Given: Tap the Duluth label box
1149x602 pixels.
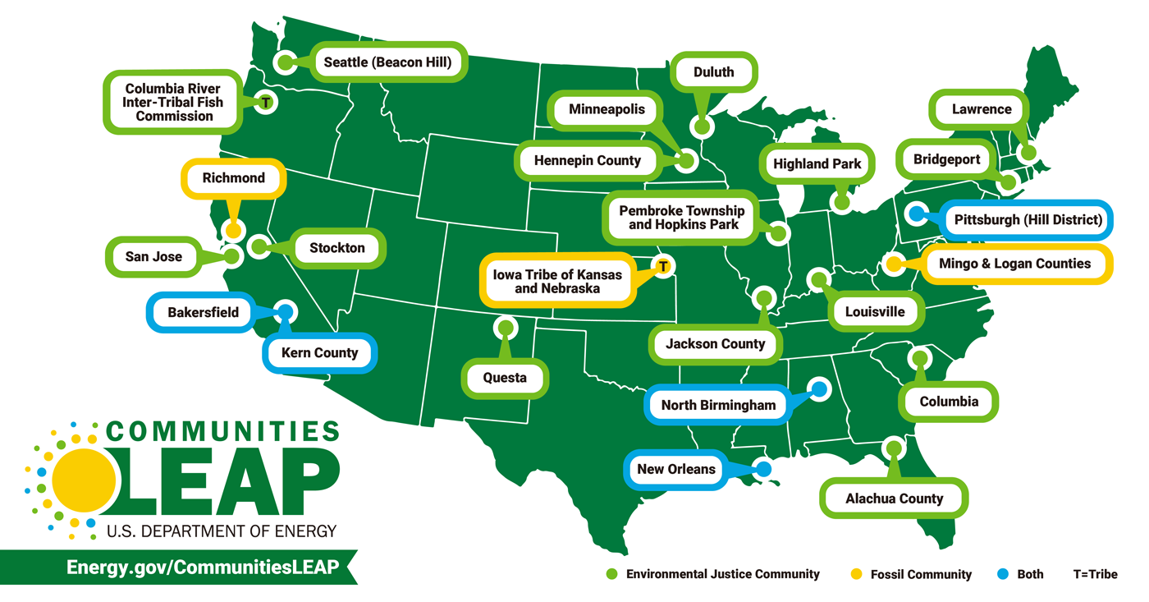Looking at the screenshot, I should coord(712,72).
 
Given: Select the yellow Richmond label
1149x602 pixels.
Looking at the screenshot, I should coord(234,177).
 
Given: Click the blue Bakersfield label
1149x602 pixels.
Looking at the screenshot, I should coord(203,312).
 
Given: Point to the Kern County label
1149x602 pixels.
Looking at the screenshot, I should coord(319,353).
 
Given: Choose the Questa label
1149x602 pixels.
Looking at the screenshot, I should coord(504,379).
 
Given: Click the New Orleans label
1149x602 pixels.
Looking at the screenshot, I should coord(676,470).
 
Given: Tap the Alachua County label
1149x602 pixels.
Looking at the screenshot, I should coord(894,499).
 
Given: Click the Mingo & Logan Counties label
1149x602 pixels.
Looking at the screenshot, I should coord(1014,264).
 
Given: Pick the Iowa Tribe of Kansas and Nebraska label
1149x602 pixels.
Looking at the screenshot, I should coord(557,281).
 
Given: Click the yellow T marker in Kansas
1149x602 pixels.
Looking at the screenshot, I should coord(663,265).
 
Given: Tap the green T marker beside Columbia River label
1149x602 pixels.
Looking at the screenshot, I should coord(265,102).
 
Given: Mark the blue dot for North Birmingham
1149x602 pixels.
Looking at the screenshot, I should coord(818,388).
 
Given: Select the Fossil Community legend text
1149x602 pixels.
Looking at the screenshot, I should coord(921,575).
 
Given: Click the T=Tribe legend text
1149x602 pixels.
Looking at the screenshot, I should coord(1095,574).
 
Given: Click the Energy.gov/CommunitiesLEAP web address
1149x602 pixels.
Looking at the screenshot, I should coord(203,568).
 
